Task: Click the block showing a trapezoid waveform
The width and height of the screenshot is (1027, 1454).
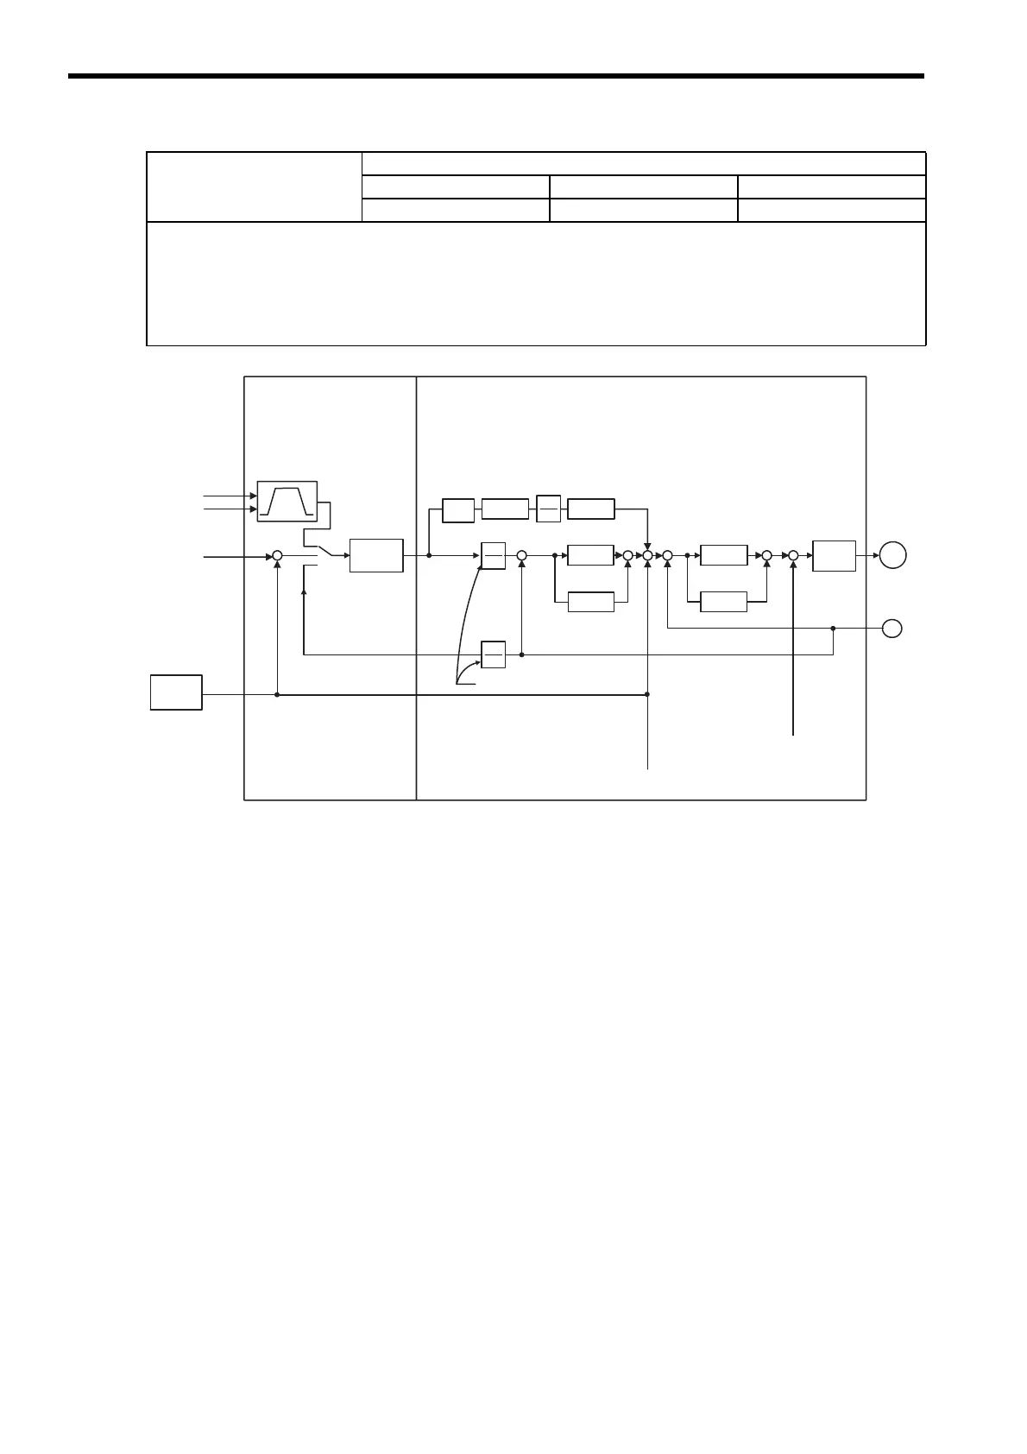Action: (287, 502)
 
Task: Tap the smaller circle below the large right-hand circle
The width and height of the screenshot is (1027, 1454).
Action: (893, 629)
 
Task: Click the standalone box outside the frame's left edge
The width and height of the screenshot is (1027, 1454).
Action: (176, 692)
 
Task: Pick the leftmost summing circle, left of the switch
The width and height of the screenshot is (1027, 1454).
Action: (277, 557)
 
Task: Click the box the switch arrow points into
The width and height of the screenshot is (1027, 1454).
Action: (376, 555)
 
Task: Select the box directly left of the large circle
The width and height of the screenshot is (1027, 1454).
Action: (834, 556)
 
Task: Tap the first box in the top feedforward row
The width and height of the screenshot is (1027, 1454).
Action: (458, 509)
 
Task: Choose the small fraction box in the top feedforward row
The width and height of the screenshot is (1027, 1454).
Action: (549, 509)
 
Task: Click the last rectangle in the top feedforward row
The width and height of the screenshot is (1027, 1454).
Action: (591, 509)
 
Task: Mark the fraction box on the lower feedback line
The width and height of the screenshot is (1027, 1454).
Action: (493, 654)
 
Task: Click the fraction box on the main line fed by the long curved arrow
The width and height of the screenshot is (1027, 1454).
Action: (493, 556)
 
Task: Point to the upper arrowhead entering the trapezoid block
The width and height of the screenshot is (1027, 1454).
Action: (253, 496)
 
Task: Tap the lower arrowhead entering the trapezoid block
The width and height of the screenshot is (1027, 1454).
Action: (253, 509)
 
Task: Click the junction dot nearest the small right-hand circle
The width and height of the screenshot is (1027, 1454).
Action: (833, 629)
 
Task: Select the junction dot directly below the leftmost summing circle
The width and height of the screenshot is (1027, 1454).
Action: (277, 693)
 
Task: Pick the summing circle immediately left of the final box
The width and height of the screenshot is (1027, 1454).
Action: (793, 557)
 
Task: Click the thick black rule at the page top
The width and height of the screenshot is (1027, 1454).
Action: (495, 76)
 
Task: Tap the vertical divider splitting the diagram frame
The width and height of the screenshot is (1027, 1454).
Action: (416, 587)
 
